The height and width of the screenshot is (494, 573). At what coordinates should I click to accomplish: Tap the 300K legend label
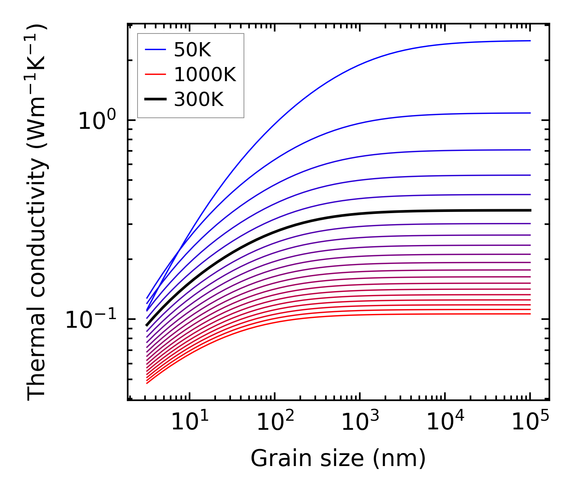coord(199,99)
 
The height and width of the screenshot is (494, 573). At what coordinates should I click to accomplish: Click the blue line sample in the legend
coord(156,50)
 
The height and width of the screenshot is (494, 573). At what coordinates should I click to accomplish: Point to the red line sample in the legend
coord(156,74)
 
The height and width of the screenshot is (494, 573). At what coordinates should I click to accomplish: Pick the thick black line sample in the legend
coord(156,99)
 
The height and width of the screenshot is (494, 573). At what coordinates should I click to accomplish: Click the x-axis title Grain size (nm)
coord(338,459)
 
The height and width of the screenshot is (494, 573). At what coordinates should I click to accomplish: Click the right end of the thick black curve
coord(530,210)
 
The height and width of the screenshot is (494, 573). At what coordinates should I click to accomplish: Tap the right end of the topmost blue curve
coord(530,41)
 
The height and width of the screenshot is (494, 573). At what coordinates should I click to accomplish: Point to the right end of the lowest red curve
coord(530,314)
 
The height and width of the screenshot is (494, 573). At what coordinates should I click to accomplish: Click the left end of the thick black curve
coord(147,325)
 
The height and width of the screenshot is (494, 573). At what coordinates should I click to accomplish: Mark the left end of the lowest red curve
coord(147,383)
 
